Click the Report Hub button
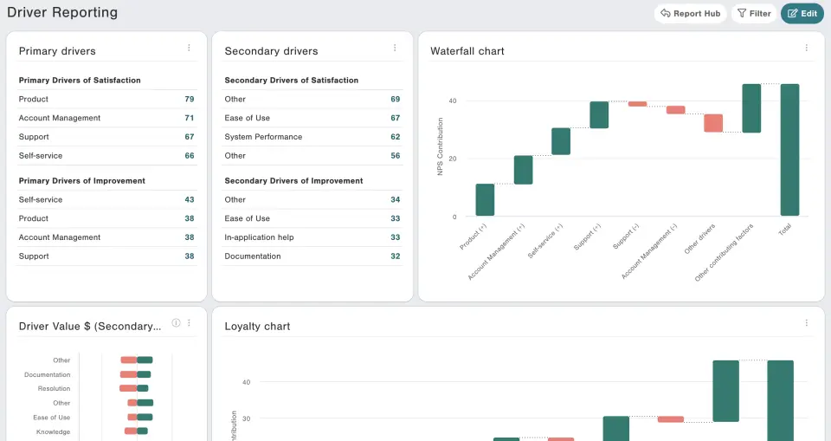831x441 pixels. (690, 14)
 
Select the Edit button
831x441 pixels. (802, 14)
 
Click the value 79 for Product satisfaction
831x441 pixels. (189, 99)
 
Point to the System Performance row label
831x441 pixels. (263, 137)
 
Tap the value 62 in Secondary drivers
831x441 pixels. (395, 137)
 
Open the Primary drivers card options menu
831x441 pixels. (189, 49)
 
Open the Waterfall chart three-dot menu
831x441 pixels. (807, 49)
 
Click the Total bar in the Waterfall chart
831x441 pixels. (789, 150)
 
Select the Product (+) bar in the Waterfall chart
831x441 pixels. (485, 199)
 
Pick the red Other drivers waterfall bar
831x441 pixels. (713, 123)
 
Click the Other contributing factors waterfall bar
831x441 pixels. (751, 108)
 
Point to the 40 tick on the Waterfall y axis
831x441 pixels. (452, 101)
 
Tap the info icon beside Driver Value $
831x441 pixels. (176, 323)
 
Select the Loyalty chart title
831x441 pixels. (257, 327)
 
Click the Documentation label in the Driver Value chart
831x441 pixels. (47, 374)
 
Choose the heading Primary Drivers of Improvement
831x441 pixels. (82, 181)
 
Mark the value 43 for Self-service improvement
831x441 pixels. (189, 199)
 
